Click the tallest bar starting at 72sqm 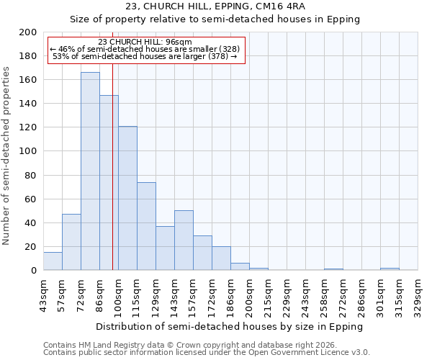90,171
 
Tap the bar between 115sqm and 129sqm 146,226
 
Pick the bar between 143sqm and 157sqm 184,240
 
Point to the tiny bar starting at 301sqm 390,269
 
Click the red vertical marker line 112,180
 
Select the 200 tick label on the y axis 28,32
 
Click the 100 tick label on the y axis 28,151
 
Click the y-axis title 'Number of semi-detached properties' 7,156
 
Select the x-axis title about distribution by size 230,326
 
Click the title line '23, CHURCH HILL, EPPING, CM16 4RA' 215,6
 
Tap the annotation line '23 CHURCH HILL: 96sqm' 145,42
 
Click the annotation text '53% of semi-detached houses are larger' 145,56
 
